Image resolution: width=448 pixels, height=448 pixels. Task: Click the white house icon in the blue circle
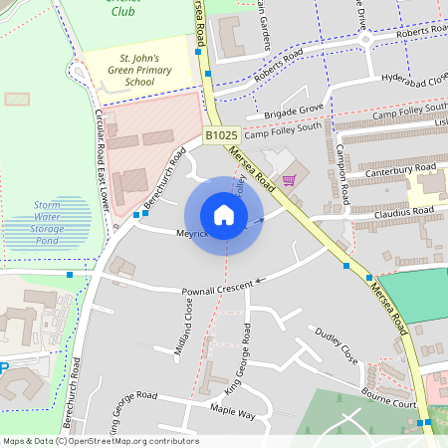pos(223,215)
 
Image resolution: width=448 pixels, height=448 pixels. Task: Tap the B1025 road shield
pos(221,134)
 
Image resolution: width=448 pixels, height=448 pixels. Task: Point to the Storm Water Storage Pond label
pos(48,222)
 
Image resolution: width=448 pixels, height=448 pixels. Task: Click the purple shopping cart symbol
pos(289,180)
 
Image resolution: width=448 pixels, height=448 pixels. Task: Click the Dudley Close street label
pos(336,343)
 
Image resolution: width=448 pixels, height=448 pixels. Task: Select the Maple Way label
pos(234,411)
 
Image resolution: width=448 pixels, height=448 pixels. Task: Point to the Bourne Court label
pos(388,398)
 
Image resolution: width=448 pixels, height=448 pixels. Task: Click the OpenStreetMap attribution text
pos(100,441)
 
